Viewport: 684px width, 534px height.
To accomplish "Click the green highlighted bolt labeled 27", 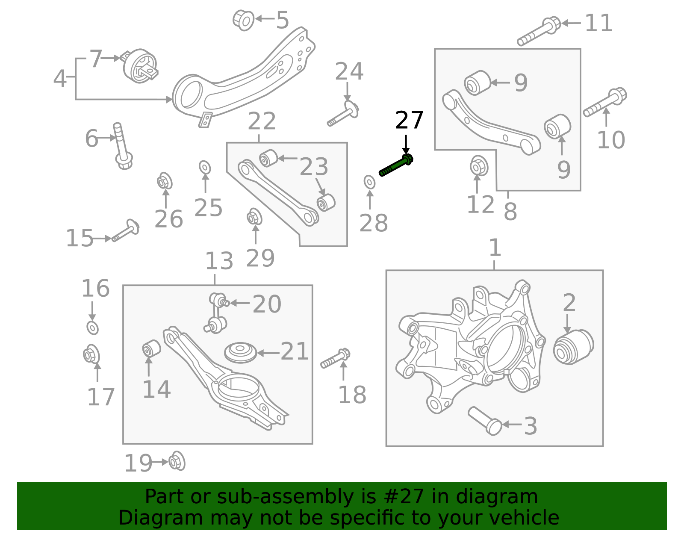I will click(x=396, y=166).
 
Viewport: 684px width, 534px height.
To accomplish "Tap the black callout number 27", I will click(x=409, y=120).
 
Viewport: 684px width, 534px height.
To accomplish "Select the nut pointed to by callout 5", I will click(x=243, y=19).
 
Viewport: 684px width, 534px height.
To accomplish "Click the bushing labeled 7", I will click(x=140, y=66).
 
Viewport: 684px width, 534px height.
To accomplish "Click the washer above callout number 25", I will click(x=205, y=167).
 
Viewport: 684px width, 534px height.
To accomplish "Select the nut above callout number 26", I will click(x=164, y=181).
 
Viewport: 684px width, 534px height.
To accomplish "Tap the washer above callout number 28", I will click(x=370, y=182).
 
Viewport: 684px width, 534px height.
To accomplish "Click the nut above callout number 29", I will click(x=254, y=217).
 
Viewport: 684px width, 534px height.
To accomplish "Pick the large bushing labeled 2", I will click(x=573, y=347).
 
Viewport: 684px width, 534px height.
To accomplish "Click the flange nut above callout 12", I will click(x=479, y=166).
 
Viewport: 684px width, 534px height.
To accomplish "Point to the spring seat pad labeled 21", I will click(x=240, y=352).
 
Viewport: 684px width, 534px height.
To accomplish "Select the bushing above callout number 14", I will click(x=151, y=348).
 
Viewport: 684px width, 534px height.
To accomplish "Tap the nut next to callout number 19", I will click(x=177, y=462).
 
